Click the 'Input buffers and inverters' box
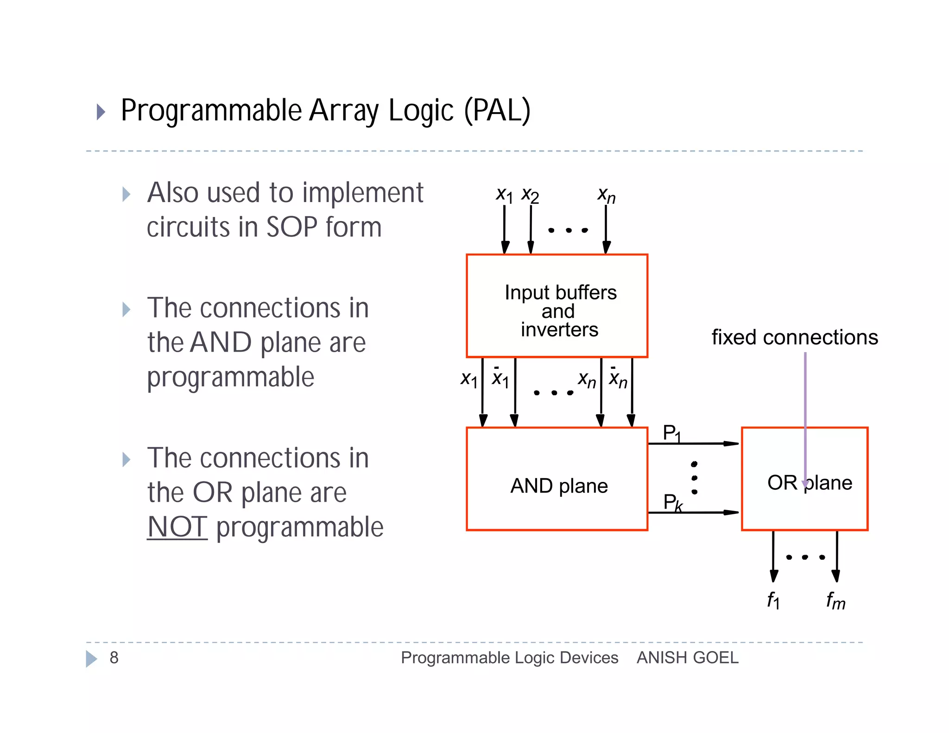coord(557,306)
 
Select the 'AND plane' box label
coord(559,486)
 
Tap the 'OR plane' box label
coord(809,483)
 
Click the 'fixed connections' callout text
coord(794,337)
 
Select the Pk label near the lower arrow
coord(672,502)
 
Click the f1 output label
coord(773,600)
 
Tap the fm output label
coord(835,601)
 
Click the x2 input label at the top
coord(530,195)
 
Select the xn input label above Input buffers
coord(606,195)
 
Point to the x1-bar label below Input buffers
coord(500,378)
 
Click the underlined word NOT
coord(177,527)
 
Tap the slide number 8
coord(114,657)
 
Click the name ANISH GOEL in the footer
coord(687,657)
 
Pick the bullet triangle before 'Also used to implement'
coord(126,194)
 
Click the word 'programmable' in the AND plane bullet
coord(230,377)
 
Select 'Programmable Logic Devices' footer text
coord(509,657)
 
